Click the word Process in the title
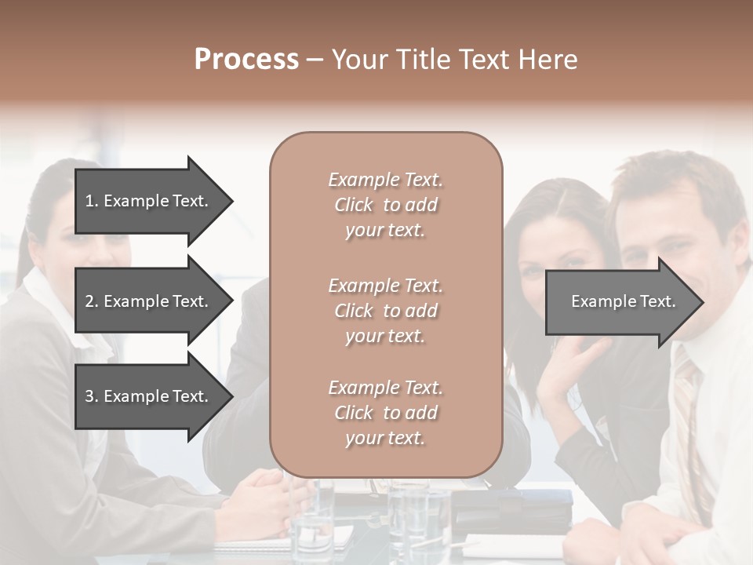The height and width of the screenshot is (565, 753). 246,60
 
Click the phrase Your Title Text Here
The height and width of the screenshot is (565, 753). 454,60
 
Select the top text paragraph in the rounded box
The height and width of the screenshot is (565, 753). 385,205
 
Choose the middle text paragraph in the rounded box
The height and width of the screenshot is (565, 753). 385,311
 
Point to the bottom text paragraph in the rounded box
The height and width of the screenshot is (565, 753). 385,413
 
